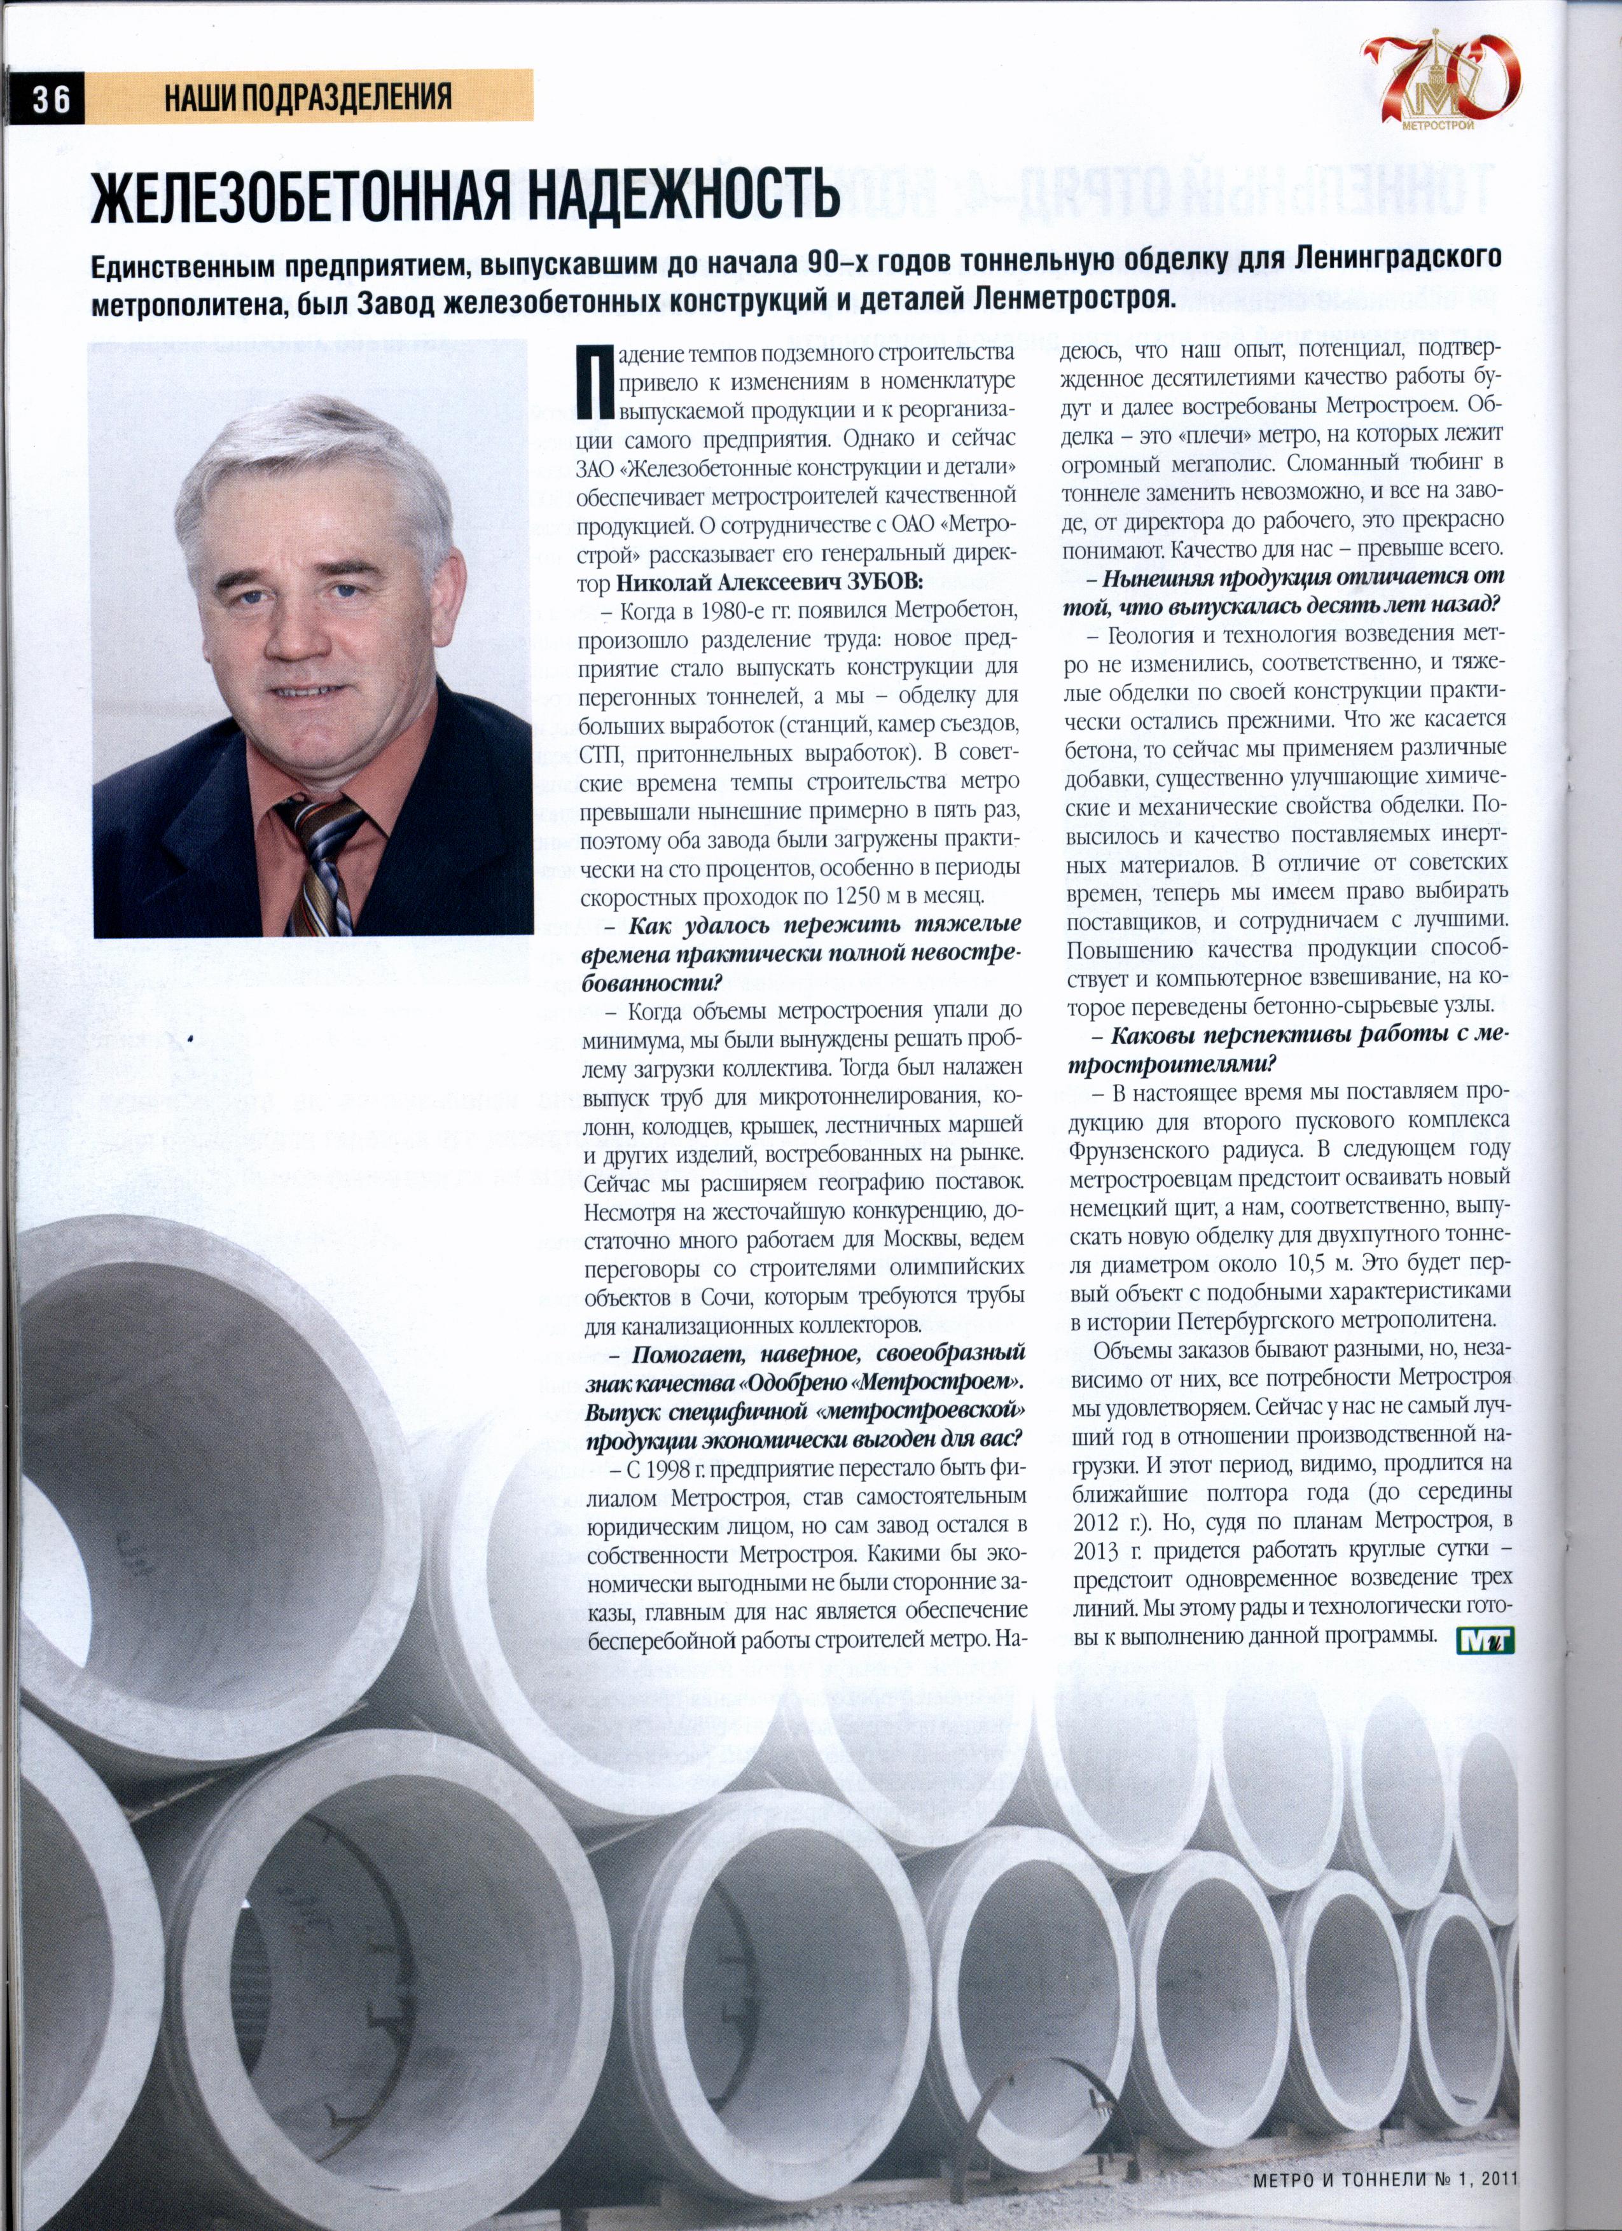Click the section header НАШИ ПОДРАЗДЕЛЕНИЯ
click(308, 97)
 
